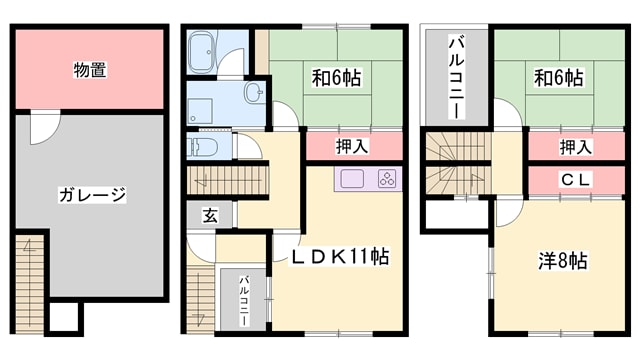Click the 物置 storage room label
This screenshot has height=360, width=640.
point(90,70)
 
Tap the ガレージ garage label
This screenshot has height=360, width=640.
point(90,194)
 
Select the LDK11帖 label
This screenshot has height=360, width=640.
point(340,256)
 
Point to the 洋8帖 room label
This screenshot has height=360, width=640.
point(563,260)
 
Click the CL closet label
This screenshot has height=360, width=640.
point(573,181)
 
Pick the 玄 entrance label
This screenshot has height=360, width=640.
point(211,214)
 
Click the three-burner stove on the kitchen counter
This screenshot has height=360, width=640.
point(387,179)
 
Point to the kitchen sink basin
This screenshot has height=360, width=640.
point(354,179)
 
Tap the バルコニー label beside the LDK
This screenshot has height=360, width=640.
point(243,297)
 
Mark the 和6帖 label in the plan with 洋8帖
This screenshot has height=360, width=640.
point(558,76)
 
